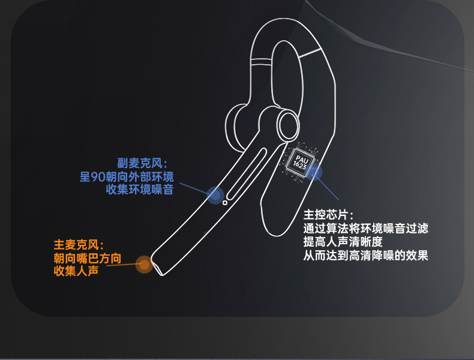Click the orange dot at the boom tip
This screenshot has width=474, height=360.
click(x=144, y=264)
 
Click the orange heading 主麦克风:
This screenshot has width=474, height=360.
click(x=79, y=245)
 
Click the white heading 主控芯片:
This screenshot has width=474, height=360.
click(x=329, y=215)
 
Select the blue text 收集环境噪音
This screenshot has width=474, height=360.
click(x=139, y=190)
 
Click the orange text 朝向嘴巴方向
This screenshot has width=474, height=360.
click(x=87, y=258)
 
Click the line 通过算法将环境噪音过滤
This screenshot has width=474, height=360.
click(x=366, y=229)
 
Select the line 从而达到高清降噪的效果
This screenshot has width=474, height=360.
click(x=366, y=256)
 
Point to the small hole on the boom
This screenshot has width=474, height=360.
click(x=225, y=203)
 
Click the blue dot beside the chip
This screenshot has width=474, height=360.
click(x=314, y=173)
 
